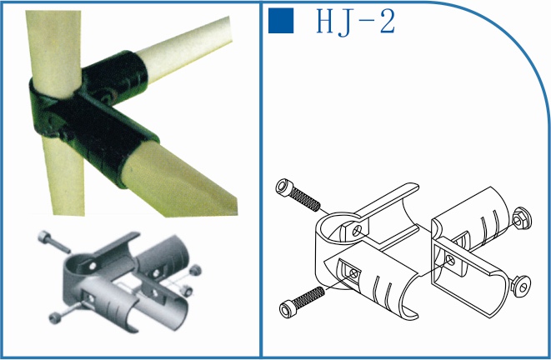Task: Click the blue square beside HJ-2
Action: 281,21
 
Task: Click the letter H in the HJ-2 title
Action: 326,21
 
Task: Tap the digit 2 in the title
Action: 388,21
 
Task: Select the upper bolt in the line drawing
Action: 298,195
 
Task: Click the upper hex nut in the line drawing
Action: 522,218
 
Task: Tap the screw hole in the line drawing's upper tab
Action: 356,231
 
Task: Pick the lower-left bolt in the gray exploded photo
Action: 65,312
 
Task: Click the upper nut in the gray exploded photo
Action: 195,270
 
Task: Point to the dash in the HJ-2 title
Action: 365,23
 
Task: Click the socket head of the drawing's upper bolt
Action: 283,187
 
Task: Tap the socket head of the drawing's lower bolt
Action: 288,309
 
